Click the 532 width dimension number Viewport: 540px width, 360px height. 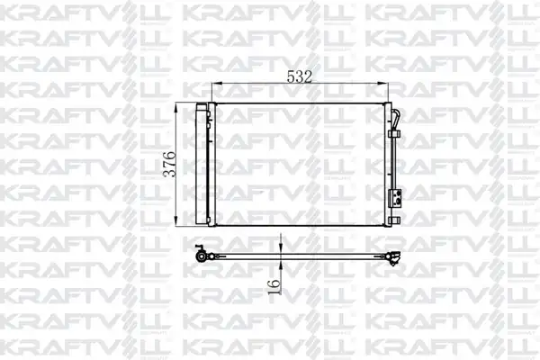300,76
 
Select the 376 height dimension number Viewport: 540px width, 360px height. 170,164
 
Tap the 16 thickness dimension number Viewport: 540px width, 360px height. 274,286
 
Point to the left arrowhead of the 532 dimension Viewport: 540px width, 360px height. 216,83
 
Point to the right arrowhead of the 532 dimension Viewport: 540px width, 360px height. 383,83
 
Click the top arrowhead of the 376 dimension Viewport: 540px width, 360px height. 176,107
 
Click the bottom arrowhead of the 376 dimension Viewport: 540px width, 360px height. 176,221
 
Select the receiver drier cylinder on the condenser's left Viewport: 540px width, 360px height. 201,164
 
